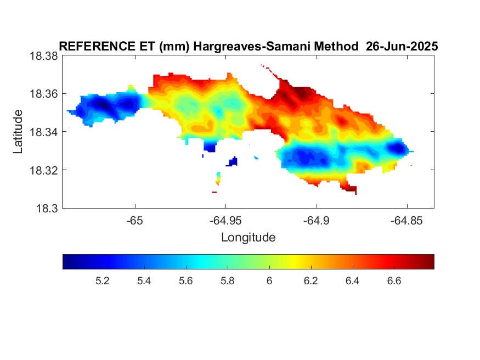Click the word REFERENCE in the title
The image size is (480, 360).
pos(97,46)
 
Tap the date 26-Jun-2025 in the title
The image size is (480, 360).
pos(402,46)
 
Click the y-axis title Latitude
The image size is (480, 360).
pos(18,131)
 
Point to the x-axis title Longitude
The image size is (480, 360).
pos(249,237)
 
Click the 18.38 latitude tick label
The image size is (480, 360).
pos(43,56)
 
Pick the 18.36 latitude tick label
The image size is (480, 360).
pos(43,94)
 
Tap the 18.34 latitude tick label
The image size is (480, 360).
pos(43,132)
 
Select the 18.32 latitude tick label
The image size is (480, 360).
pos(43,170)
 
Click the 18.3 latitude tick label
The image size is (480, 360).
pos(47,209)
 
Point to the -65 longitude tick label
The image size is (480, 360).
pos(135,221)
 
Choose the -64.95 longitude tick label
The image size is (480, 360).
pos(225,221)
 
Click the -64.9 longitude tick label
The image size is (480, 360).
pos(317,221)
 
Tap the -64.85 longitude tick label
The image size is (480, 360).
pos(406,221)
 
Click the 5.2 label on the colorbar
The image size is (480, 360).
pos(102,281)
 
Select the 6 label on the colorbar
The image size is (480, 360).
pos(269,281)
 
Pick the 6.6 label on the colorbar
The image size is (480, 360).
pos(394,281)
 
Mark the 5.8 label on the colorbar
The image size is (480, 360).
pos(228,281)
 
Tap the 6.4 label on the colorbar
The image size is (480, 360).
pos(352,281)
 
